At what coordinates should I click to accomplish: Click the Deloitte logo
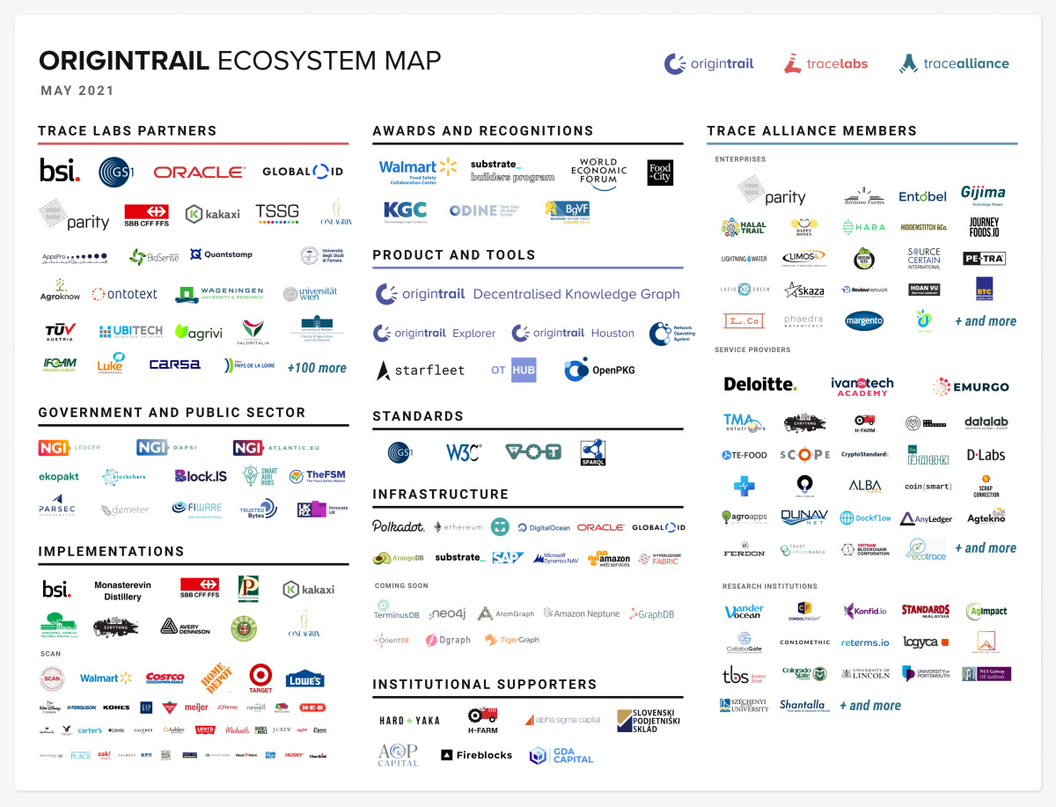759,384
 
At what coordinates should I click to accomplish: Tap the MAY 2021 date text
77,91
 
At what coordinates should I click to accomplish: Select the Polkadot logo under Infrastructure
398,526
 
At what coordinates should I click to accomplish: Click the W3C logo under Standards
463,452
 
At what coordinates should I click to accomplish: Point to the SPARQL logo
593,452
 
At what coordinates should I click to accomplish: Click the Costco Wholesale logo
165,678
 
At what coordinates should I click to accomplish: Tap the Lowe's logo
304,678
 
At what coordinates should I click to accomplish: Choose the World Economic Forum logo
598,173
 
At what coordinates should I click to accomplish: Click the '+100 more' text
317,368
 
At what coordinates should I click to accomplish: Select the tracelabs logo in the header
825,63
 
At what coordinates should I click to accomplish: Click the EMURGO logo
971,386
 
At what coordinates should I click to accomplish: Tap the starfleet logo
421,370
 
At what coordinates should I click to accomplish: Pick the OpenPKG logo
600,370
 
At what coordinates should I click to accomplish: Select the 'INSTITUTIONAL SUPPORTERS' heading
484,684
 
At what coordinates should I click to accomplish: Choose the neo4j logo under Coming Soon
447,613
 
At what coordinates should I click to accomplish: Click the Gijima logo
983,194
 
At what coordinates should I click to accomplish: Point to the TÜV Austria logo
61,332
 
